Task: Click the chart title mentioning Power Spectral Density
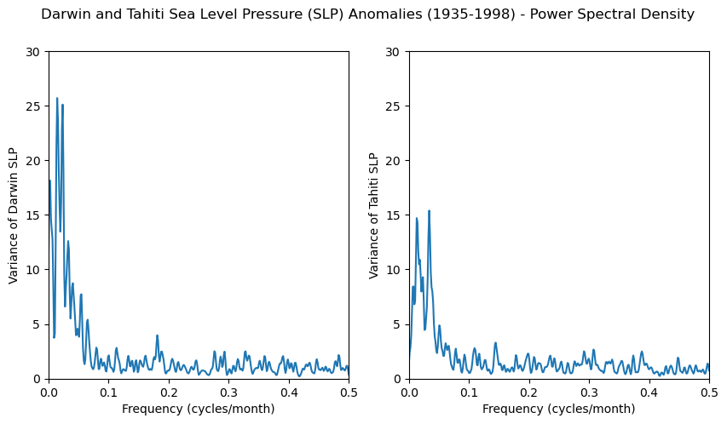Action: pos(367,14)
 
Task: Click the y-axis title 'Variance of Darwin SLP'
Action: pos(14,215)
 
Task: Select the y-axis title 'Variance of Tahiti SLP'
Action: pos(374,215)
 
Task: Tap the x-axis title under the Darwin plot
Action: pos(199,409)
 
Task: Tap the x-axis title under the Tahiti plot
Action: pos(559,409)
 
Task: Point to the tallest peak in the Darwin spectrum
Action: pos(57,99)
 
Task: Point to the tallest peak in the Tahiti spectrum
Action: pos(429,210)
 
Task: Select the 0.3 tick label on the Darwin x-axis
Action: pos(228,392)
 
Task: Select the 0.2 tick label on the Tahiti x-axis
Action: pos(529,392)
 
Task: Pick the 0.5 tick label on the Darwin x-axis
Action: pos(349,392)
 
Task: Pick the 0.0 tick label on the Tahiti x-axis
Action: pos(409,392)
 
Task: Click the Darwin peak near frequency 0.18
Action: pos(157,335)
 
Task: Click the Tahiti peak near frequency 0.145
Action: pos(495,343)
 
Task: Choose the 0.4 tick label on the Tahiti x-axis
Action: pos(649,392)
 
